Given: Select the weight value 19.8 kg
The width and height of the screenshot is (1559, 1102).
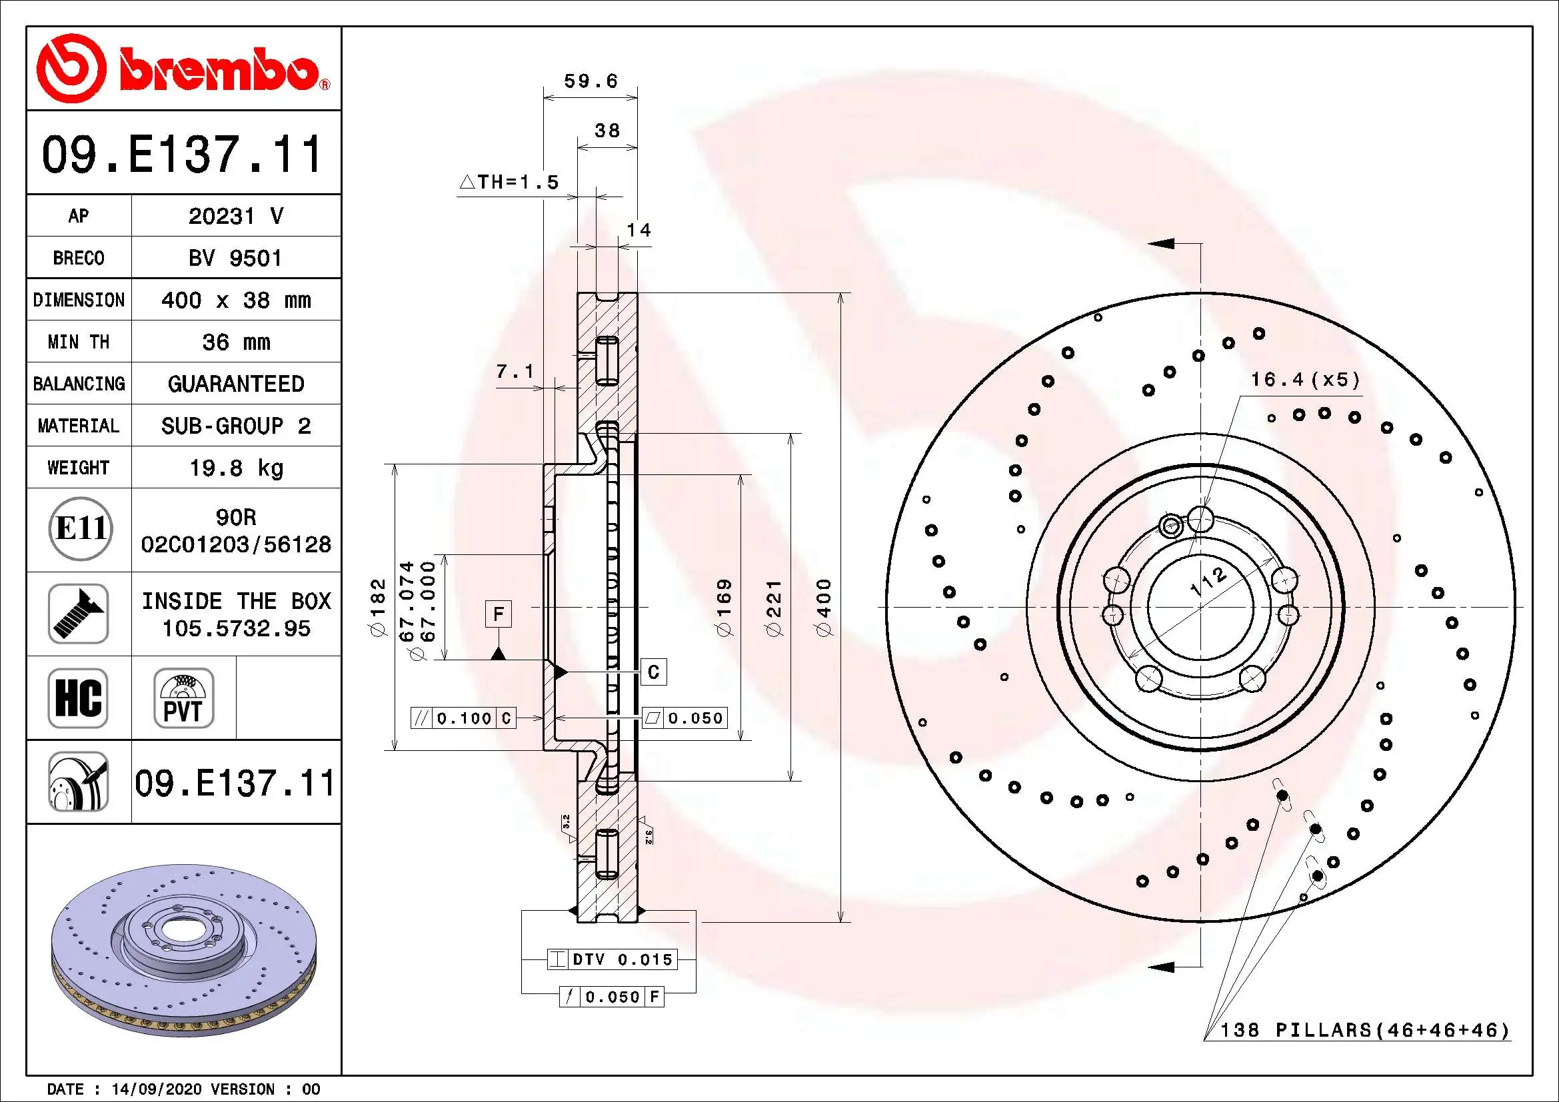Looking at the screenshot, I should point(235,468).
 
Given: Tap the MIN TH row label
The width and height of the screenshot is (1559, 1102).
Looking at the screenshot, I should point(78,342).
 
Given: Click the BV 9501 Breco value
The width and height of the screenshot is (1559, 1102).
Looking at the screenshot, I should point(235,259).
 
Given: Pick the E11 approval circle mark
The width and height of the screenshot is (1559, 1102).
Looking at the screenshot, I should point(80,528).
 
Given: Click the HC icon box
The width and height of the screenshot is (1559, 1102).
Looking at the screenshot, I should point(78,698).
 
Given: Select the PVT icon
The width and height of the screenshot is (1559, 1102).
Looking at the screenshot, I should point(183,698).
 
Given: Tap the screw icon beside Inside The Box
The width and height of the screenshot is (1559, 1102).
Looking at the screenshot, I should point(78,614).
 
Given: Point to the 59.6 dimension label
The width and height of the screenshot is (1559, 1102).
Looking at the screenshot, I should point(591,81).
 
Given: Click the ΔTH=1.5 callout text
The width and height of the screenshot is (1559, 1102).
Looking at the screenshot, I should point(509,182).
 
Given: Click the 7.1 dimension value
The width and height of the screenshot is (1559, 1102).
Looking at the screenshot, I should point(515,371).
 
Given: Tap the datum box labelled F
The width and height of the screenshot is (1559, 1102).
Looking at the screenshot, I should point(499,614).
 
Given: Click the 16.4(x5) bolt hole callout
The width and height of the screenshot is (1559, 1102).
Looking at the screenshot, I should point(1306,379).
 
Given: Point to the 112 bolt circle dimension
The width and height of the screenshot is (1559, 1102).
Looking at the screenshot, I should point(1208,582).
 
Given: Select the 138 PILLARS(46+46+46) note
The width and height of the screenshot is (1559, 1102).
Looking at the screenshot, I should point(1365,1030).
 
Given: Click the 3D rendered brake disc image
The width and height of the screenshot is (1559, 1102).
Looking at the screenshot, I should point(183,950).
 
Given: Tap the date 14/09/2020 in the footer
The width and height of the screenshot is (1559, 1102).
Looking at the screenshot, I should point(156,1089).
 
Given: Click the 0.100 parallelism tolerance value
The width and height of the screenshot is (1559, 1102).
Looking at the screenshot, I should point(464,718).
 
